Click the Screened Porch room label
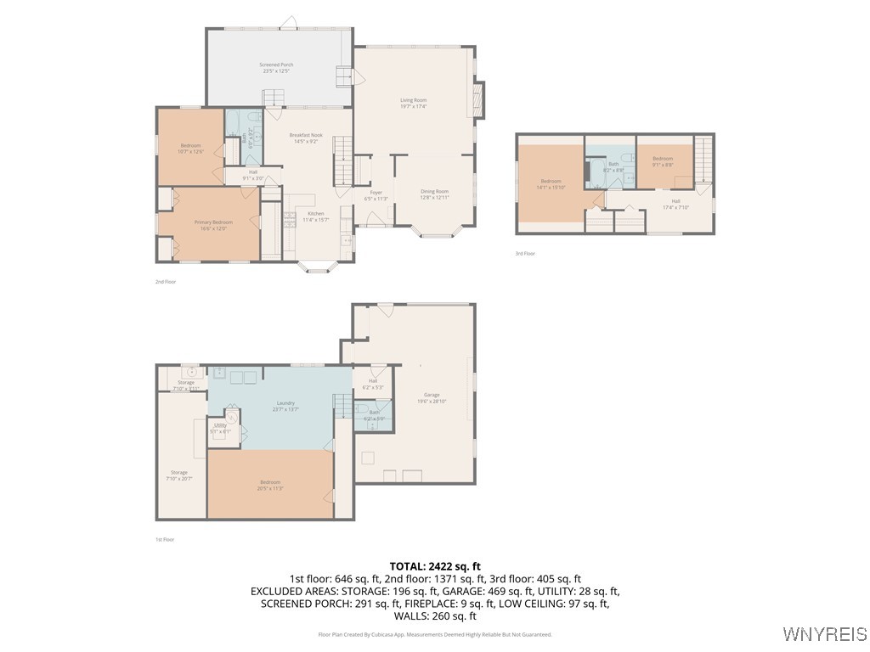[x=277, y=68]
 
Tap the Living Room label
[x=413, y=104]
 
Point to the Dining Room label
[x=434, y=194]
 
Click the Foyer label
[x=376, y=195]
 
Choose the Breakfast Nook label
[x=305, y=138]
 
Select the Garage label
[x=432, y=397]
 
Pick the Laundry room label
[x=285, y=406]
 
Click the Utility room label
[x=220, y=428]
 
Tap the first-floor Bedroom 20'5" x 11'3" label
[x=270, y=485]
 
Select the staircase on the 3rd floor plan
[x=703, y=160]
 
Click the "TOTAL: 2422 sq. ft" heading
[x=435, y=565]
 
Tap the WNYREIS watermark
[x=824, y=634]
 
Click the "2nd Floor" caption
[x=165, y=282]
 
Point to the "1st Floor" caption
[x=165, y=539]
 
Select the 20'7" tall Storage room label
[x=178, y=475]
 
